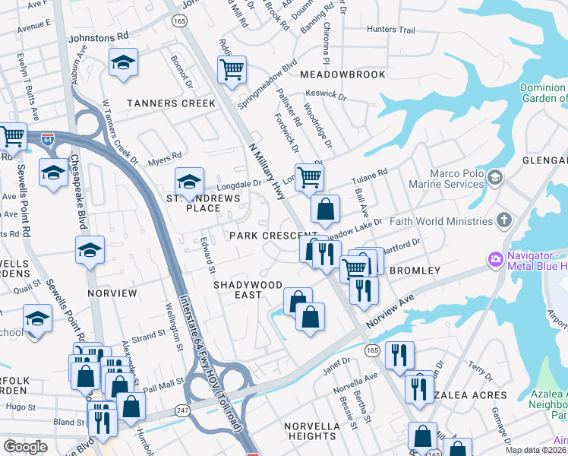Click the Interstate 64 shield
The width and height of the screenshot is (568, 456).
48,140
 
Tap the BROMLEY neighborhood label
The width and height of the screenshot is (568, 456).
415,271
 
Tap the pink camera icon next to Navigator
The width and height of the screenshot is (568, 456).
496,260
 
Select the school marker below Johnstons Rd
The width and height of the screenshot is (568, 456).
122,64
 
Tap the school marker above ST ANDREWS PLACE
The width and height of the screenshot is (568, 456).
189,181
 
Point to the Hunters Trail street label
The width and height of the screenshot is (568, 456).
391,30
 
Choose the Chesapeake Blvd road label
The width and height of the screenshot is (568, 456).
78,192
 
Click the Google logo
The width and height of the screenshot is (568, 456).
25,447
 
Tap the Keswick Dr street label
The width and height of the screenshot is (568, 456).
330,97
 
